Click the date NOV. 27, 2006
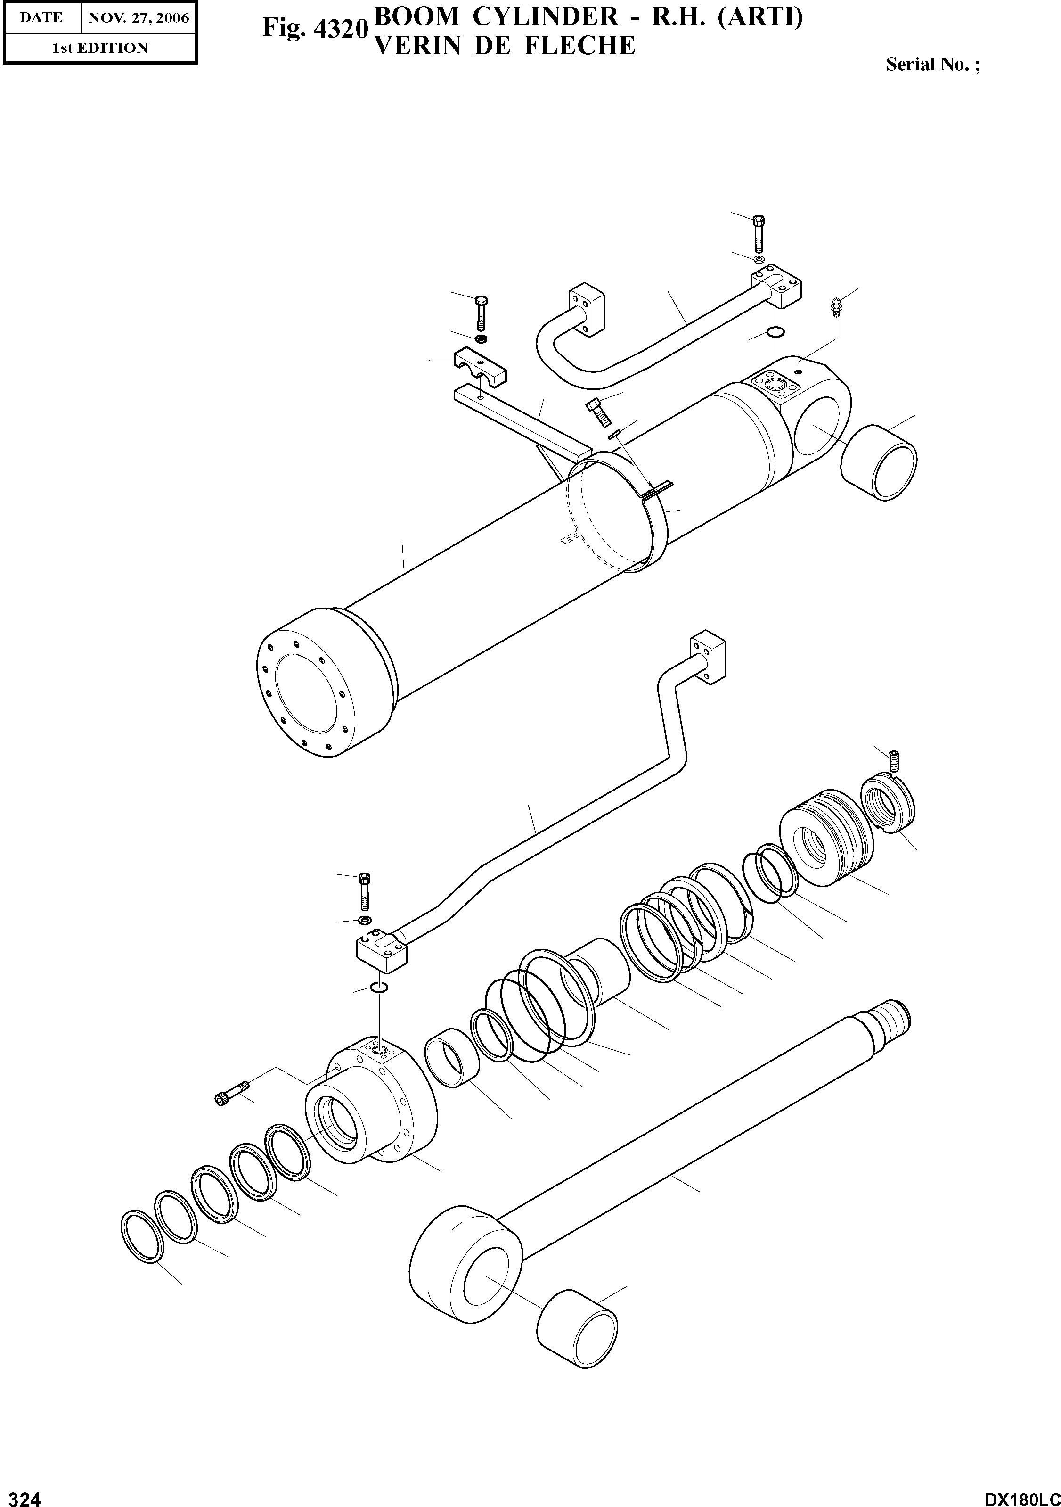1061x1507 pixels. point(139,18)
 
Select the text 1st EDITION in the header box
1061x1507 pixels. point(100,48)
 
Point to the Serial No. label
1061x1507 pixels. point(932,64)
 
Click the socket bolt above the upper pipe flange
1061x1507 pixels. point(759,233)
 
